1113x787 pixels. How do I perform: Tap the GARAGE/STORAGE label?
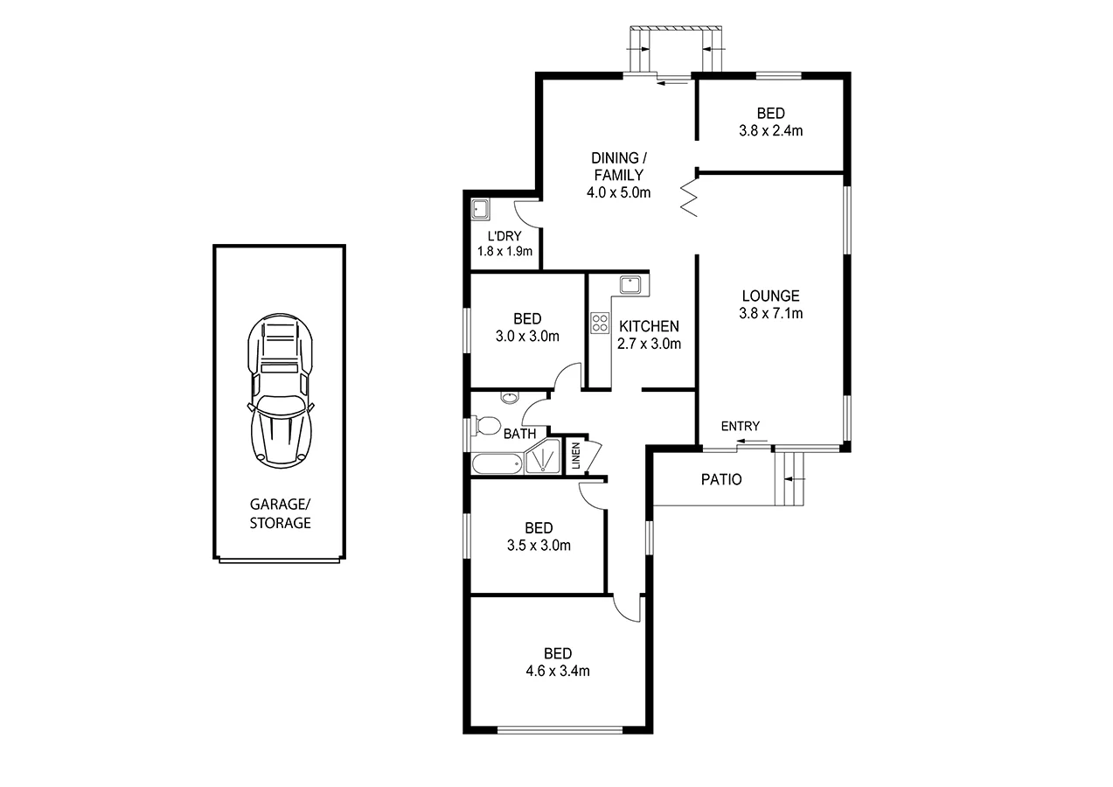280,514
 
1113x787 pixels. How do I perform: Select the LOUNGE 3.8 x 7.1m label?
770,304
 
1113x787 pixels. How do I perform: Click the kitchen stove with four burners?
600,324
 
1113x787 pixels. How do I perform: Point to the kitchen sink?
630,285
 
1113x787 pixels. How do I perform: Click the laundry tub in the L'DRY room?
480,210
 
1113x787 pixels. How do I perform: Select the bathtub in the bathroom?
497,463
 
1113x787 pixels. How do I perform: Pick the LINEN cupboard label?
575,457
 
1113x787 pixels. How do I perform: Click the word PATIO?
721,479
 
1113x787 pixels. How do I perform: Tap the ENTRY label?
740,426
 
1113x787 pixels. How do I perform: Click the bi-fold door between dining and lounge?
690,198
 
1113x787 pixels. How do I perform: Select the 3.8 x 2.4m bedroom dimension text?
770,131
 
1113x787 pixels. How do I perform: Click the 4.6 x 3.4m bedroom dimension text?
558,672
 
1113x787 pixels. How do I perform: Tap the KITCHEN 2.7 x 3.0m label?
649,335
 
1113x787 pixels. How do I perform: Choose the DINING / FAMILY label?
619,175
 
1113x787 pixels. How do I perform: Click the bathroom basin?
509,399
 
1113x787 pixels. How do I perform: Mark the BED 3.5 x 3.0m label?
539,537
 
